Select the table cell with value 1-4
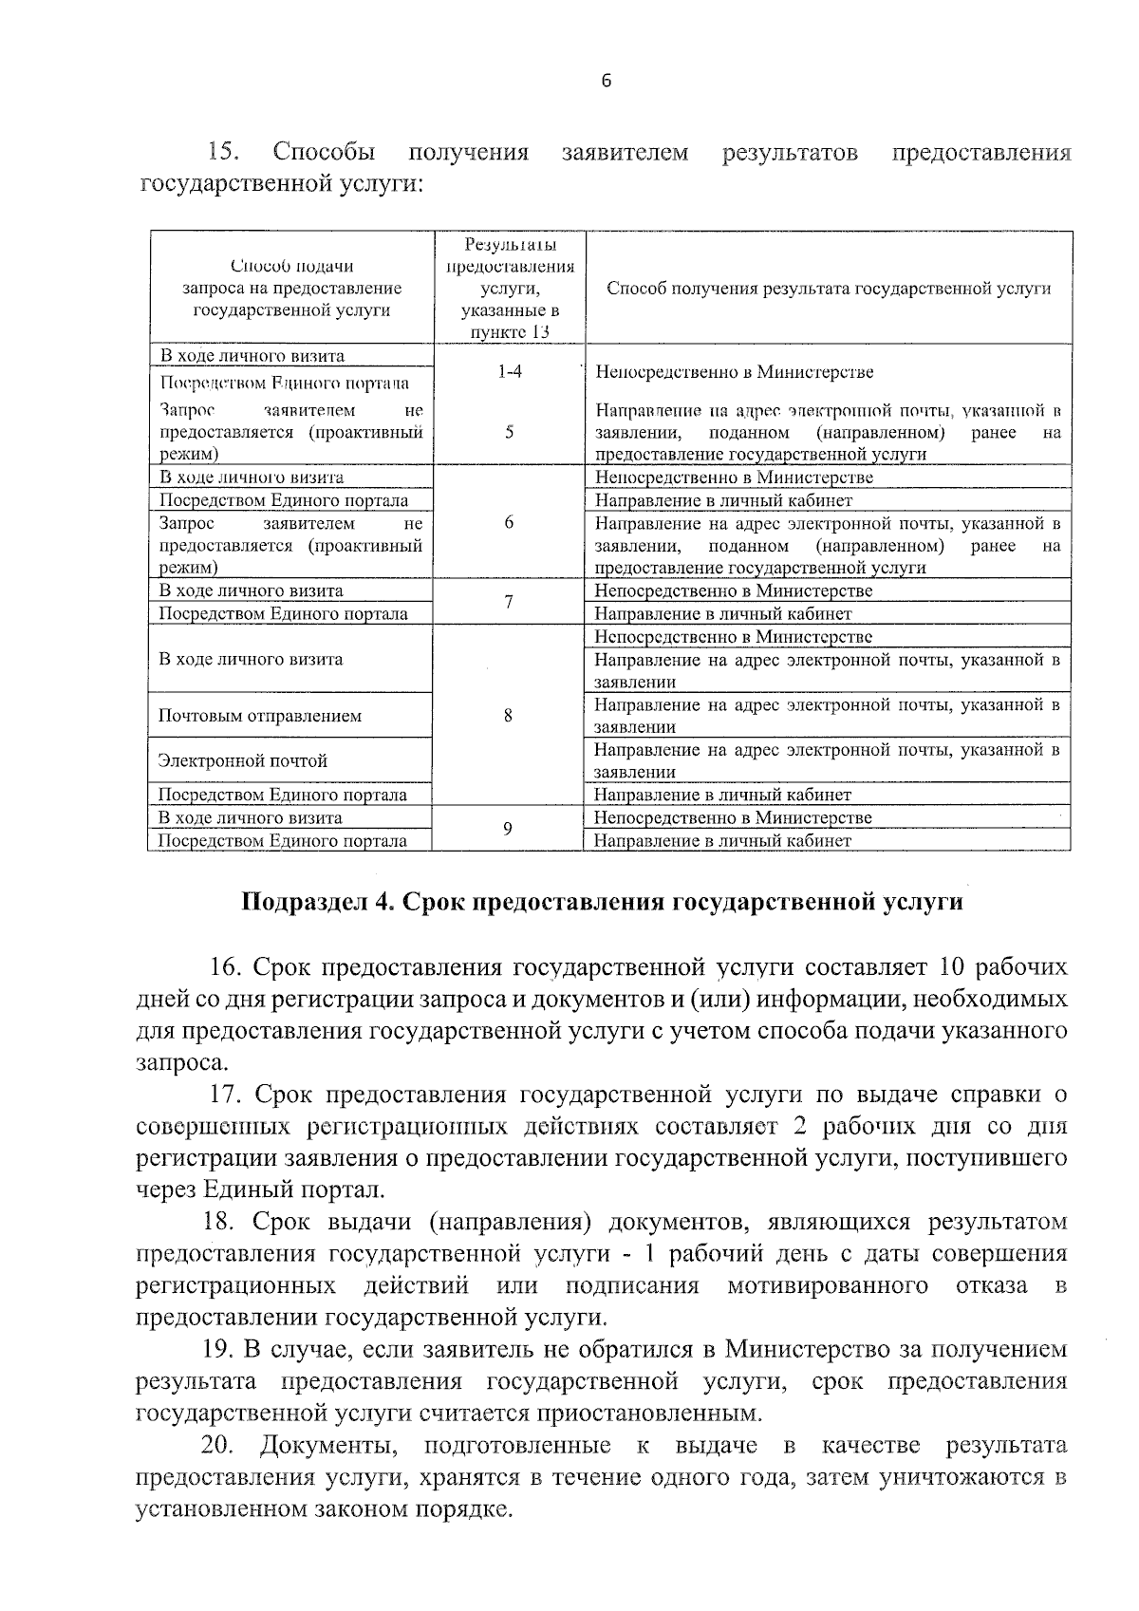pyautogui.click(x=510, y=372)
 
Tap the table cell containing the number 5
pyautogui.click(x=510, y=432)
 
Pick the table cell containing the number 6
pyautogui.click(x=510, y=523)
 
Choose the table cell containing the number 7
pyautogui.click(x=510, y=602)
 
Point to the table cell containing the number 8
pyautogui.click(x=509, y=716)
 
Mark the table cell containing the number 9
pyautogui.click(x=509, y=829)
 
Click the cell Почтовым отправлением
pyautogui.click(x=259, y=716)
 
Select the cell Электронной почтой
pyautogui.click(x=243, y=760)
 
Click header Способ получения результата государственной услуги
pyautogui.click(x=828, y=289)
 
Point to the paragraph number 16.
pyautogui.click(x=228, y=967)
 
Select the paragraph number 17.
pyautogui.click(x=228, y=1095)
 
